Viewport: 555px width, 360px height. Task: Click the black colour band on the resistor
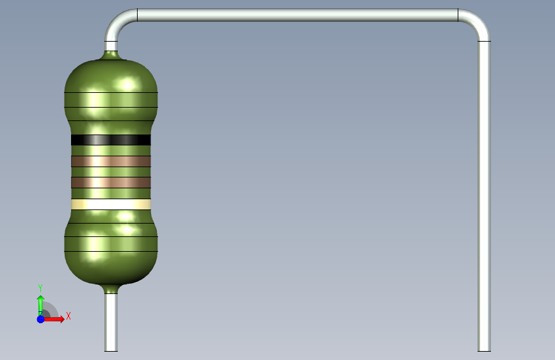(x=111, y=140)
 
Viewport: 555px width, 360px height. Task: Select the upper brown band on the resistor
(x=111, y=161)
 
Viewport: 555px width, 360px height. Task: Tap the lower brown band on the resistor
(x=111, y=183)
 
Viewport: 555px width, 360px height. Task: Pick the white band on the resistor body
(x=111, y=204)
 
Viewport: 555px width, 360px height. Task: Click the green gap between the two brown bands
(x=111, y=172)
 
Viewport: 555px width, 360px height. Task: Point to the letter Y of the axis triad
(x=40, y=288)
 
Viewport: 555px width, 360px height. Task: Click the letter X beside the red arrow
(x=68, y=316)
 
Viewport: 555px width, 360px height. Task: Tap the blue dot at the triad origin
(x=41, y=319)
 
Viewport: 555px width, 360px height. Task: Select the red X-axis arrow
(x=53, y=319)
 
